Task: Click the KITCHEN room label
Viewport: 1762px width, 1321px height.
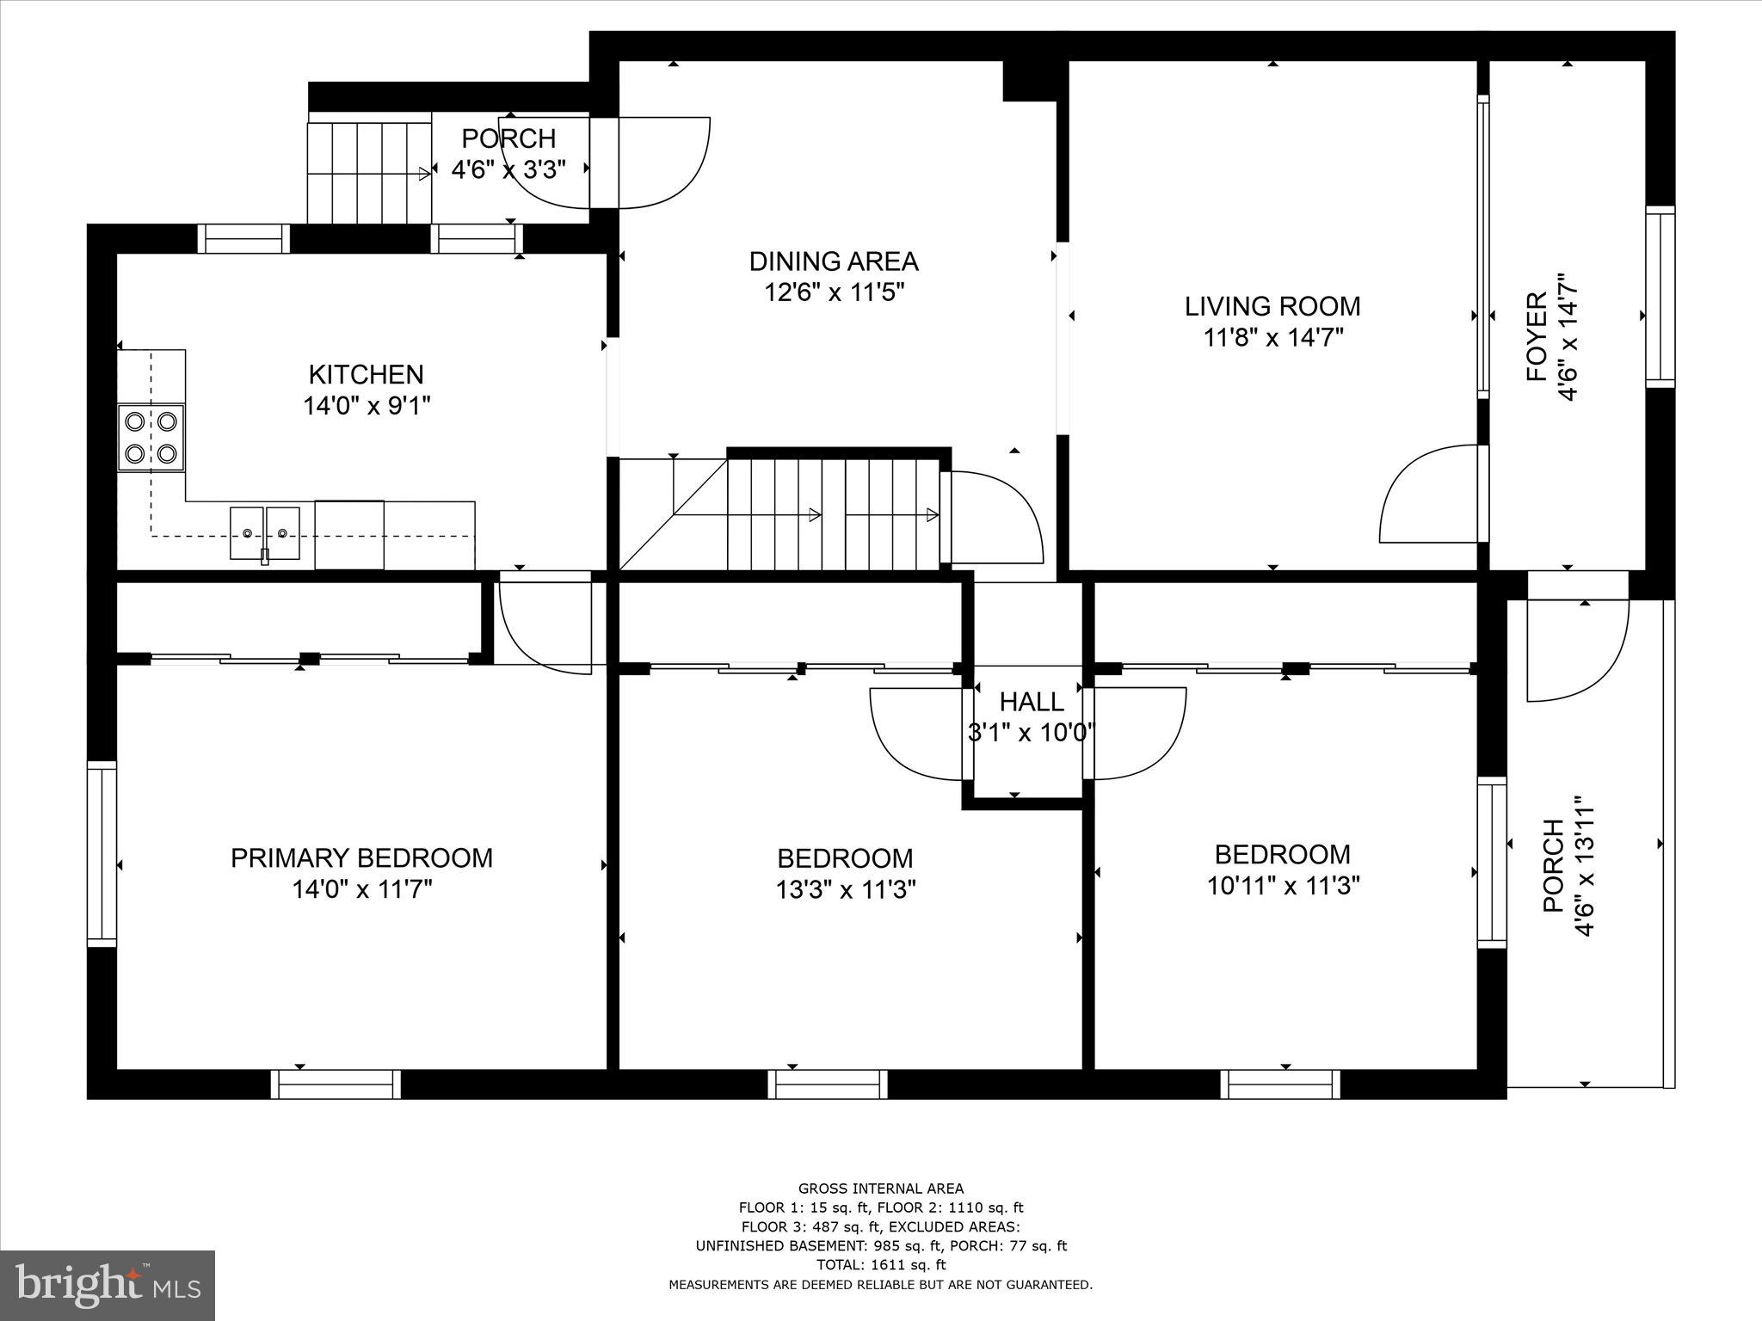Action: tap(366, 375)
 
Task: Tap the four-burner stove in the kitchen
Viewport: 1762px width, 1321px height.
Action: tap(151, 437)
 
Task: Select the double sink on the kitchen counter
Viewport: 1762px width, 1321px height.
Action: tap(265, 533)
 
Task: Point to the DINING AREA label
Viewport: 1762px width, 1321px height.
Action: tap(833, 261)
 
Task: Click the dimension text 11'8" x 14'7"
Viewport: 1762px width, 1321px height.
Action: tap(1272, 337)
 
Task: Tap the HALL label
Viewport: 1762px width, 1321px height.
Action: tap(1031, 703)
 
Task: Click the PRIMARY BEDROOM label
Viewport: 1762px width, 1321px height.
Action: tap(361, 857)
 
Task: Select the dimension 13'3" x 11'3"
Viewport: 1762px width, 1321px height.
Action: tap(845, 889)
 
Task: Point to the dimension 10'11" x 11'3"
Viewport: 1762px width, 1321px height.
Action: tap(1282, 886)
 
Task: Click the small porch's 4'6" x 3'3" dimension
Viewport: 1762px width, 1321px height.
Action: tap(508, 169)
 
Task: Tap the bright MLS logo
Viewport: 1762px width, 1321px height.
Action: tap(108, 1285)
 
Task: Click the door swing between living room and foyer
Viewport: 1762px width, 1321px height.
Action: tap(1432, 495)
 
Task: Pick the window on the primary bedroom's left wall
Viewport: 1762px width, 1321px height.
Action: tap(102, 854)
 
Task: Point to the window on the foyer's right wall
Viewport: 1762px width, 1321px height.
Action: tap(1660, 297)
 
